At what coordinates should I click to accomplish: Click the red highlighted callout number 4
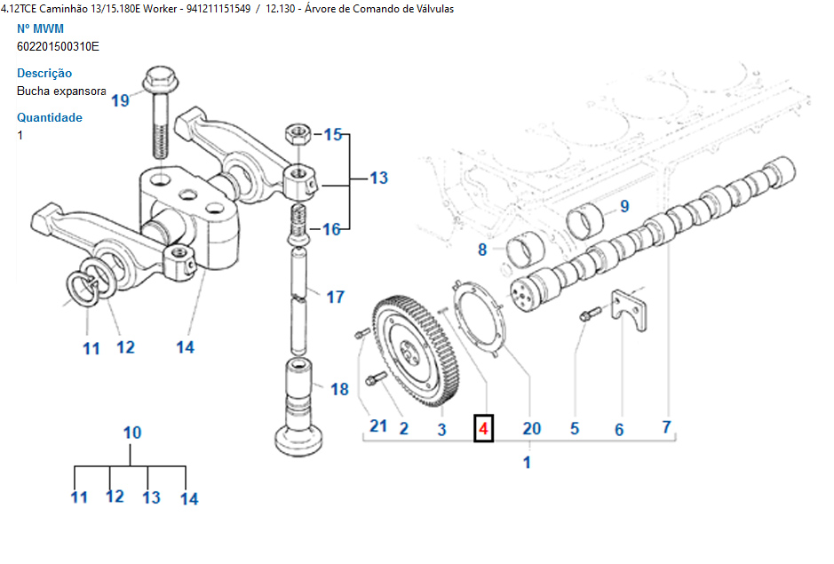[483, 428]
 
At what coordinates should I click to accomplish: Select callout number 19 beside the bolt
[120, 99]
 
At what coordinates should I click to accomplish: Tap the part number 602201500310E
[58, 46]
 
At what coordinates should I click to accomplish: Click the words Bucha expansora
[61, 91]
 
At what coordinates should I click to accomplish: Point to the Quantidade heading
[50, 117]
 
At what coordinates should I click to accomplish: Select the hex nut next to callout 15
[296, 136]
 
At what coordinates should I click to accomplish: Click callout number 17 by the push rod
[335, 297]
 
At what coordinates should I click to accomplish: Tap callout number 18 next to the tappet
[339, 389]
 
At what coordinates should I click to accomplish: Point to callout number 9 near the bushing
[624, 206]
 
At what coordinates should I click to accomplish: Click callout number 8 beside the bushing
[482, 250]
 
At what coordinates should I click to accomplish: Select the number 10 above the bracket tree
[131, 433]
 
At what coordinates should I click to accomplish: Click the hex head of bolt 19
[160, 78]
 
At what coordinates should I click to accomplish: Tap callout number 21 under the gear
[378, 425]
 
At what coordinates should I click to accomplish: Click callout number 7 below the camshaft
[666, 426]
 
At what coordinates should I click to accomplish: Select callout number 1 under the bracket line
[527, 462]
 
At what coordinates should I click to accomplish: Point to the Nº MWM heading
[41, 28]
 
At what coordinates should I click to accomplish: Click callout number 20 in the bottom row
[531, 428]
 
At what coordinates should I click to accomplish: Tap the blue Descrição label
[44, 73]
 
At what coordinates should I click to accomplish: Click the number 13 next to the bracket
[379, 178]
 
